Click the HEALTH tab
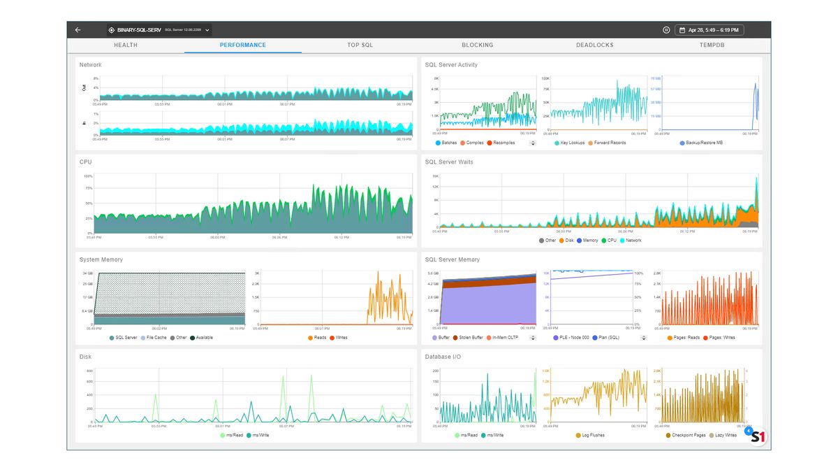click(x=126, y=45)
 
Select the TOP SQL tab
click(x=360, y=45)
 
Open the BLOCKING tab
click(x=478, y=45)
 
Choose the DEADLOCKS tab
click(x=595, y=45)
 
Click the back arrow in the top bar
click(x=78, y=30)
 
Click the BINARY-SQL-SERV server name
click(x=139, y=30)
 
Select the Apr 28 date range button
click(x=710, y=30)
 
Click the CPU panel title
click(x=86, y=162)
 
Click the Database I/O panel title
click(x=443, y=357)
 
